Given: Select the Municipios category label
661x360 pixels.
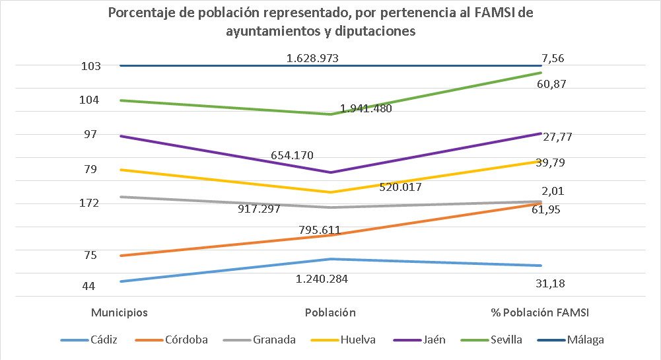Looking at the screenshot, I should (x=119, y=312).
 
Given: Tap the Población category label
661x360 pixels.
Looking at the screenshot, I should (x=330, y=312).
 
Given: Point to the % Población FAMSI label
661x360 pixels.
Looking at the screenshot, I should (x=540, y=312).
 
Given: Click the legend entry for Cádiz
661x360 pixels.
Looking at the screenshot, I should (x=102, y=340).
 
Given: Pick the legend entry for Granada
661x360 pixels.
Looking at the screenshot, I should (x=274, y=340).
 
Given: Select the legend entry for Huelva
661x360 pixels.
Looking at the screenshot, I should (x=358, y=340).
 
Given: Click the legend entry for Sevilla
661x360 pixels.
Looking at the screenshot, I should (x=506, y=340).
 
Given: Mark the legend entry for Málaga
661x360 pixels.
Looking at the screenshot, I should (x=585, y=340).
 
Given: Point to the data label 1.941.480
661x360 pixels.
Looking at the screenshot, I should (x=366, y=109).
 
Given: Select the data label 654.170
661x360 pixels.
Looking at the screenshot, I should (x=292, y=156).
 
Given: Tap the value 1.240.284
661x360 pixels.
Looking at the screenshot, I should (x=322, y=279).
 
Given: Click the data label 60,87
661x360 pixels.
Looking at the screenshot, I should (x=553, y=85).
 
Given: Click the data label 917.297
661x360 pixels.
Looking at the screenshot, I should (x=260, y=209).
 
